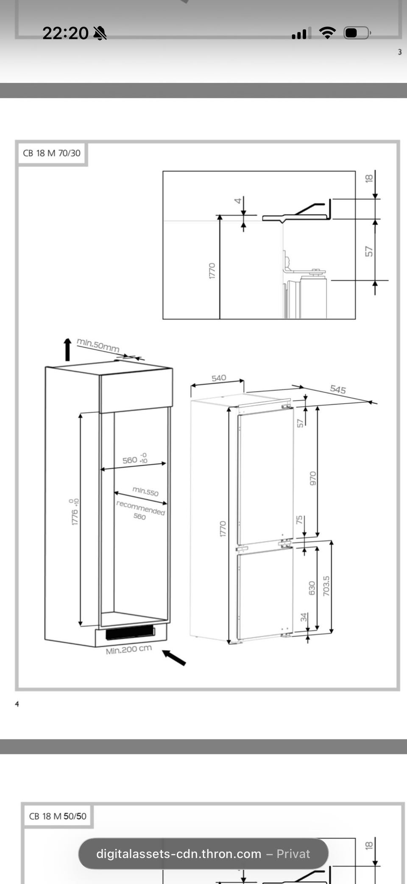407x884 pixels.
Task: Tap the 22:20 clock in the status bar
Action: (x=65, y=33)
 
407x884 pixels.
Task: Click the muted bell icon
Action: (x=100, y=33)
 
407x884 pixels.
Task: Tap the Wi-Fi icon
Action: (x=327, y=33)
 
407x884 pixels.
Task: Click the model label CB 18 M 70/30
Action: (x=52, y=153)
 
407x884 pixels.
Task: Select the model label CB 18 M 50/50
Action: (x=58, y=816)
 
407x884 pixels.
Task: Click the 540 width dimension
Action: (x=219, y=378)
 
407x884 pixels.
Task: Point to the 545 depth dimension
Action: (x=338, y=389)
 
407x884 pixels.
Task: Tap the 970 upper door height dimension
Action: (x=313, y=478)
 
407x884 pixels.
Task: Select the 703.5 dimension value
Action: (x=326, y=586)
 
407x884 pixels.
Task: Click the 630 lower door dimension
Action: (x=312, y=588)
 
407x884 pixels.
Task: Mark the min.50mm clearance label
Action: (x=98, y=345)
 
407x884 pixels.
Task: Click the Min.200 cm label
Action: (x=129, y=649)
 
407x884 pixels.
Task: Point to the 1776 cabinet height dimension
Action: (x=75, y=512)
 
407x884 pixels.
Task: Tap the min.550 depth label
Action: (x=145, y=491)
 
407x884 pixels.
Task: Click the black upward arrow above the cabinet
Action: (x=67, y=349)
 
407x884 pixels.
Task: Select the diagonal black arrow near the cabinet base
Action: (x=174, y=657)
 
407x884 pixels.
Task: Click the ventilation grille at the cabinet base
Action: (x=130, y=632)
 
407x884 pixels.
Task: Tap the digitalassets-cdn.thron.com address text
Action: (x=178, y=854)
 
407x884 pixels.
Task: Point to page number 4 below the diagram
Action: (x=17, y=704)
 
